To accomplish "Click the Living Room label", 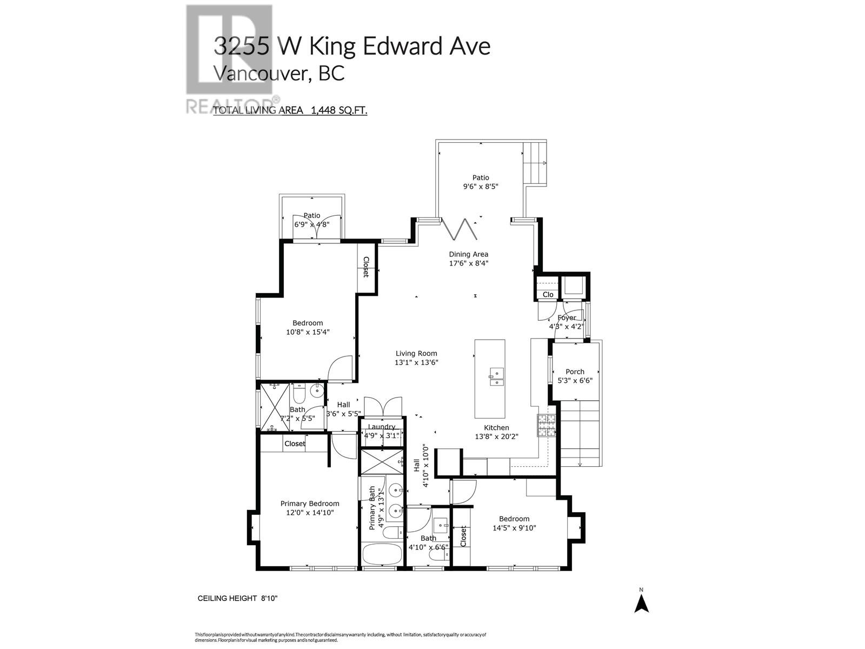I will coord(416,354).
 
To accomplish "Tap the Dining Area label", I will coord(468,254).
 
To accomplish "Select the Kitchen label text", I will coord(496,428).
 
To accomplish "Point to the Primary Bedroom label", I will coord(310,504).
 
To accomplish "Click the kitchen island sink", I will coord(496,376).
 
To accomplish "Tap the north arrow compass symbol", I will coord(641,602).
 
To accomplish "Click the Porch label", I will coord(575,372).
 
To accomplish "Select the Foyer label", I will coord(567,317).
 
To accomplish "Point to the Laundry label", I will coord(382,427).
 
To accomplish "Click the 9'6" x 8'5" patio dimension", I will coord(480,187).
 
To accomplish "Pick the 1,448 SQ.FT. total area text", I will coord(338,111).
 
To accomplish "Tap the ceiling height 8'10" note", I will coord(238,598).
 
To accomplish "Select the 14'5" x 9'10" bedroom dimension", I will coord(514,528).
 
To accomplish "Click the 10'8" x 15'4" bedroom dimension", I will coord(308,332).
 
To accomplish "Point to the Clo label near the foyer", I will coord(548,295).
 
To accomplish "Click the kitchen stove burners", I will coord(546,426).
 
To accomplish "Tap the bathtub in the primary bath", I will coord(381,556).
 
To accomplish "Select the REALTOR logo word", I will coord(232,104).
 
